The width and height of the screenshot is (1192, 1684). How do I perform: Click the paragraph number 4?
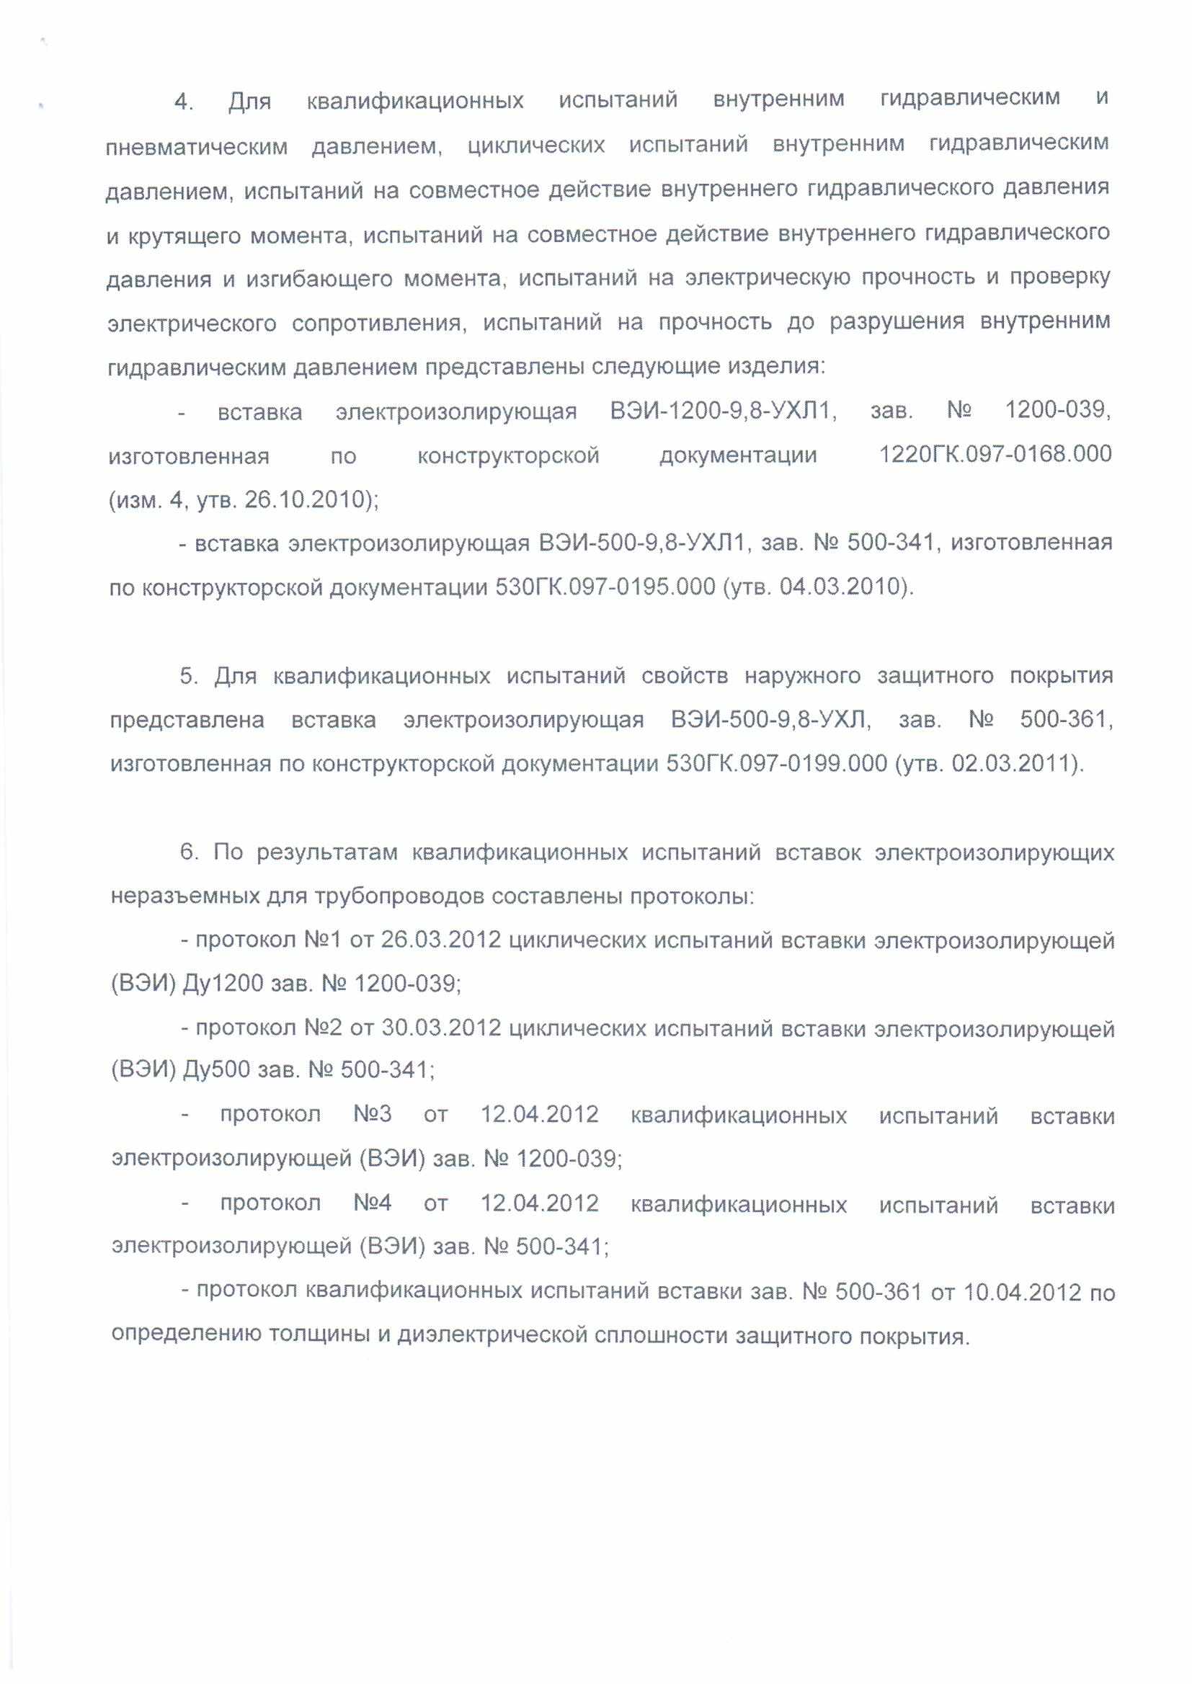[183, 102]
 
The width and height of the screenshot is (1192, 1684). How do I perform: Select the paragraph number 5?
[189, 676]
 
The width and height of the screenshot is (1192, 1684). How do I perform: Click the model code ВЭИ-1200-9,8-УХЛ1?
[723, 410]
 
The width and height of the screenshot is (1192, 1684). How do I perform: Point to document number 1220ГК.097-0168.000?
[995, 454]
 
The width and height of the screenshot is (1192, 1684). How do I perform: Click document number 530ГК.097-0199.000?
[777, 764]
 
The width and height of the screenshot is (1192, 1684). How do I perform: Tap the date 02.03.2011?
[1012, 764]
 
